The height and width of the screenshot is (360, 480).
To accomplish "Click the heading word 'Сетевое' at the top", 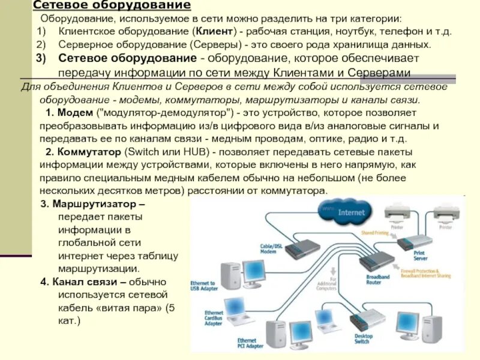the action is click(59, 5).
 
